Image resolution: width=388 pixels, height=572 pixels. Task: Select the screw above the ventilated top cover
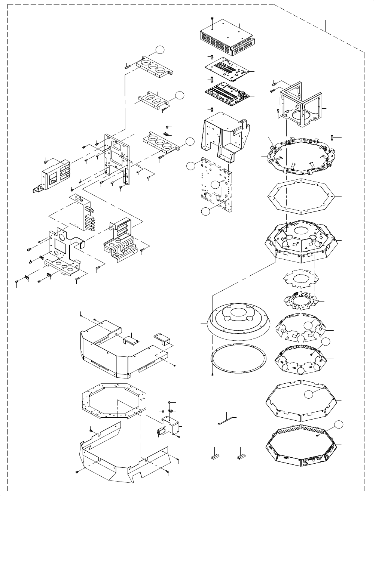pos(212,18)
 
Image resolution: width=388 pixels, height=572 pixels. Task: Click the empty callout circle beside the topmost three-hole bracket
pos(160,50)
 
